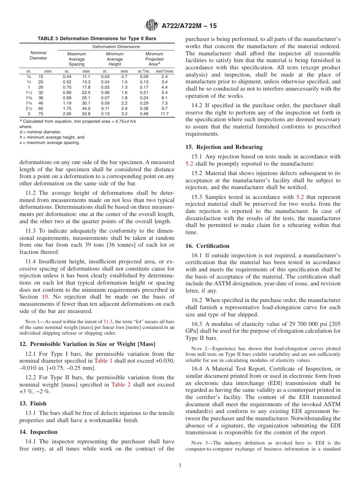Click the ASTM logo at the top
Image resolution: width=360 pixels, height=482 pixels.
pyautogui.click(x=152, y=26)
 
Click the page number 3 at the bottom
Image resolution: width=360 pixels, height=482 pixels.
pyautogui.click(x=180, y=465)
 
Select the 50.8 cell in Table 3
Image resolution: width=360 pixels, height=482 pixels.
pyautogui.click(x=86, y=114)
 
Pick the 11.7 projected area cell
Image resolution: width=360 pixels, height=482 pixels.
pyautogui.click(x=164, y=114)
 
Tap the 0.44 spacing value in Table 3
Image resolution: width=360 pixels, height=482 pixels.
pyautogui.click(x=67, y=77)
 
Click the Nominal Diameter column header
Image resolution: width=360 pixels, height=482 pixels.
pyautogui.click(x=38, y=55)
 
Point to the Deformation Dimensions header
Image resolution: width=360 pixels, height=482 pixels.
pyautogui.click(x=116, y=47)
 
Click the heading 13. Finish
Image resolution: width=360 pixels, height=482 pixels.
pyautogui.click(x=33, y=403)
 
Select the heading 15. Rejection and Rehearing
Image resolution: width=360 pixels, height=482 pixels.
pyautogui.click(x=224, y=147)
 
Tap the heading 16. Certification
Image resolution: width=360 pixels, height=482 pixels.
pyautogui.click(x=207, y=246)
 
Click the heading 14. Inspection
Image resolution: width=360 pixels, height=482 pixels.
pyautogui.click(x=38, y=432)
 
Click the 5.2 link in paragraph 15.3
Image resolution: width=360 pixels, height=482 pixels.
pyautogui.click(x=299, y=197)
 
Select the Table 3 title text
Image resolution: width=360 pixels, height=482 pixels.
pyautogui.click(x=97, y=39)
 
